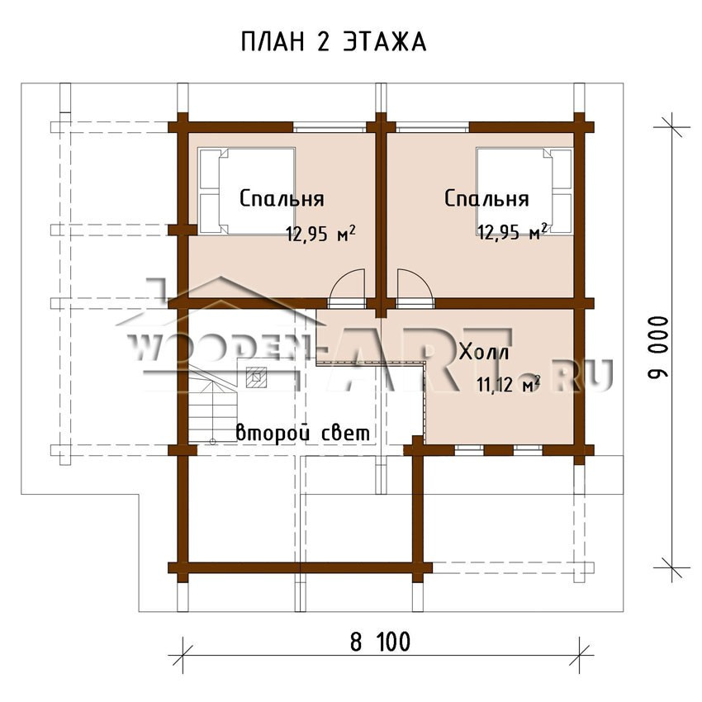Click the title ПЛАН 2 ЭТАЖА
pyautogui.click(x=334, y=42)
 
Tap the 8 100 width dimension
pyautogui.click(x=380, y=642)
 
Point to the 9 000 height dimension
pyautogui.click(x=658, y=347)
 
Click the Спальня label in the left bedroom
pyautogui.click(x=282, y=199)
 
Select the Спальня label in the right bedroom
pyautogui.click(x=486, y=198)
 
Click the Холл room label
pyautogui.click(x=485, y=353)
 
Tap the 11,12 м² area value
pyautogui.click(x=509, y=385)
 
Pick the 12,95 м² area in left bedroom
pyautogui.click(x=321, y=233)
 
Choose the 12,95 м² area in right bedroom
pyautogui.click(x=512, y=232)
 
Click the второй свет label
pyautogui.click(x=303, y=433)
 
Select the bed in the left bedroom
pyautogui.click(x=247, y=191)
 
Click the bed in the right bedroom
pyautogui.click(x=524, y=190)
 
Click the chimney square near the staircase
pyautogui.click(x=256, y=377)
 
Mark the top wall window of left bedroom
pyautogui.click(x=330, y=127)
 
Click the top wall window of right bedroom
pyautogui.click(x=433, y=127)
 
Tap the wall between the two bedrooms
pyautogui.click(x=381, y=216)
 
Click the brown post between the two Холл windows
pyautogui.click(x=499, y=450)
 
